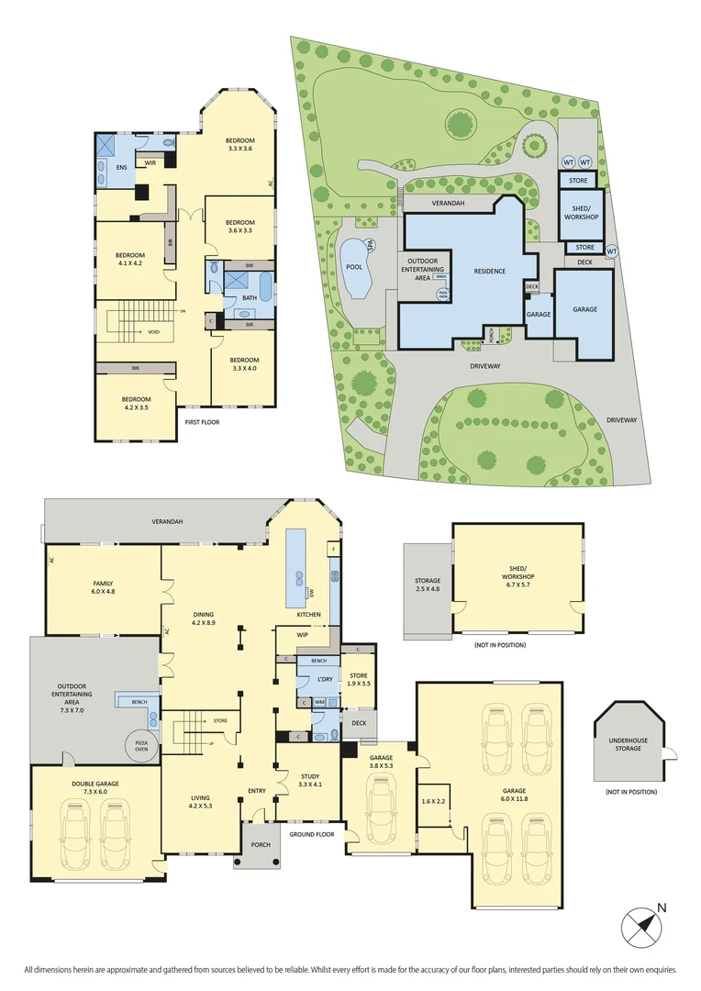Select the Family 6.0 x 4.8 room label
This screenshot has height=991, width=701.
click(x=103, y=587)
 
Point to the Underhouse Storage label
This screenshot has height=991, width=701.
click(x=629, y=743)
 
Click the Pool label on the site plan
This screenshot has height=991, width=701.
click(x=353, y=267)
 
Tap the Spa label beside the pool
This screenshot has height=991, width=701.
click(x=372, y=245)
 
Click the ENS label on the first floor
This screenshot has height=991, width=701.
click(x=121, y=167)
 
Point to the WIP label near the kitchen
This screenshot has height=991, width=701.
click(x=302, y=634)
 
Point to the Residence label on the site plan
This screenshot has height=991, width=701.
click(x=490, y=272)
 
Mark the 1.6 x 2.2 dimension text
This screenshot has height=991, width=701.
click(x=432, y=801)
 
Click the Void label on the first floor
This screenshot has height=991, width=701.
click(x=154, y=332)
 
